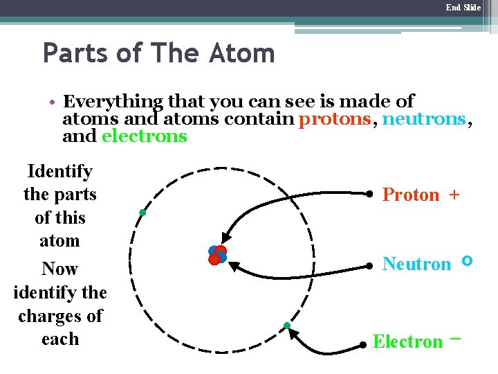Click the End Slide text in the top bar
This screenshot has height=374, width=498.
(x=463, y=8)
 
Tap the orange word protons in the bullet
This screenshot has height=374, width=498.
(x=335, y=118)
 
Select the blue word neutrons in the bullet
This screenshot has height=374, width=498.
(x=424, y=118)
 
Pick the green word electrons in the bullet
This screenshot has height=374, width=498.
(x=144, y=136)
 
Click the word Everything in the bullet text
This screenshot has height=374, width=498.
(x=113, y=102)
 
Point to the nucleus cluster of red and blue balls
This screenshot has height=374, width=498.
(x=217, y=255)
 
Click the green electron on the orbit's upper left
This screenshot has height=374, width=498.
(x=141, y=212)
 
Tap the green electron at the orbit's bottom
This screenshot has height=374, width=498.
(x=286, y=326)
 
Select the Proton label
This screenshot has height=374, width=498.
(x=411, y=195)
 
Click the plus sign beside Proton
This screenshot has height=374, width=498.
(x=454, y=195)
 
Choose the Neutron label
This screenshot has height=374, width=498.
(x=416, y=264)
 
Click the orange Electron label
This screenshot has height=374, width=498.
(x=407, y=341)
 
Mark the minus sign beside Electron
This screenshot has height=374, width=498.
(x=454, y=339)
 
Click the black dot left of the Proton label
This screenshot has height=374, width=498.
(x=370, y=195)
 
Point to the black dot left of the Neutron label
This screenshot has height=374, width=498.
(x=370, y=265)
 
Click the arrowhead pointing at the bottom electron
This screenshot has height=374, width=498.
(x=293, y=334)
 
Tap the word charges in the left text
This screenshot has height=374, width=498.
(x=60, y=316)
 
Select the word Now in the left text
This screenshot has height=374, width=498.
(x=59, y=269)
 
